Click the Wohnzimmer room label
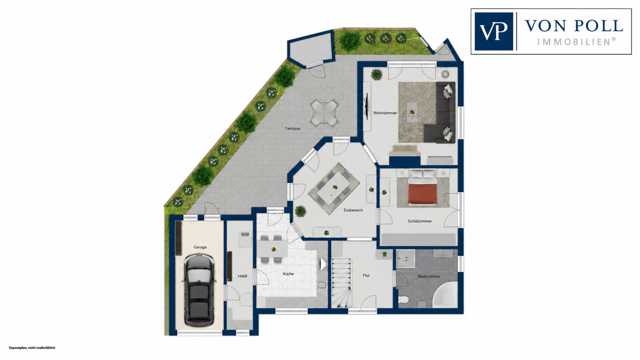(385, 113)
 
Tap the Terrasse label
(293, 128)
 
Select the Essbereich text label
(353, 210)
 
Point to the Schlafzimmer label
(420, 221)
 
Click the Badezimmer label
(429, 276)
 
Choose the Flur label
(366, 276)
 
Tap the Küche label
(288, 274)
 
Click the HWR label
(243, 276)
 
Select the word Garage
(200, 247)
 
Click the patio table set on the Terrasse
(324, 113)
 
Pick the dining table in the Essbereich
(334, 189)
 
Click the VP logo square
(494, 32)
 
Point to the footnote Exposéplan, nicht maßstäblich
(32, 348)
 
